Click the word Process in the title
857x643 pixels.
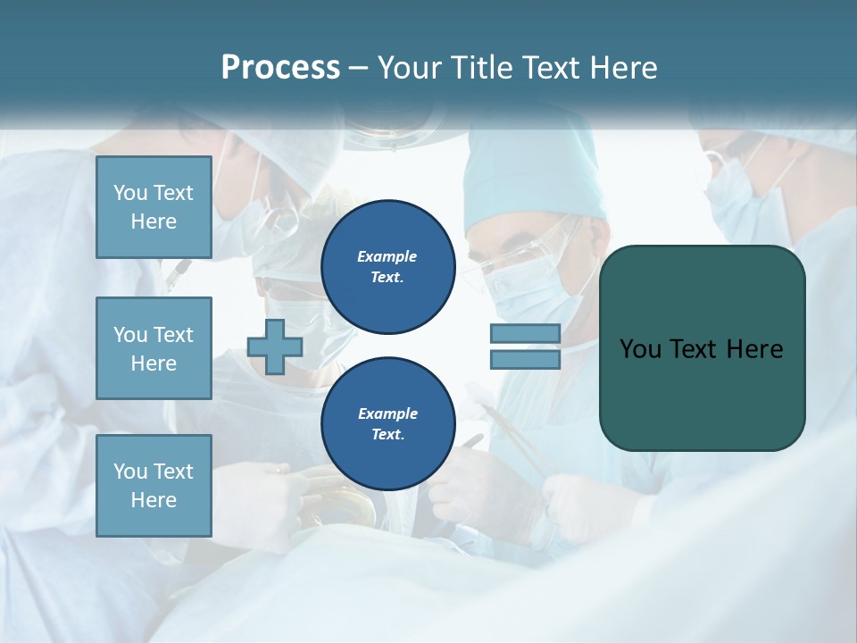(x=280, y=68)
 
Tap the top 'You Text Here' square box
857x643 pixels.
(x=154, y=207)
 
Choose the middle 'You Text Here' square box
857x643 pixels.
(x=154, y=348)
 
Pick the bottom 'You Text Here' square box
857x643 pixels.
(x=154, y=486)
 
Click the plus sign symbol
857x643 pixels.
(x=274, y=347)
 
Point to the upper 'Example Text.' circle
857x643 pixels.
(x=388, y=266)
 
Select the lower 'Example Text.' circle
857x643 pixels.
(x=388, y=423)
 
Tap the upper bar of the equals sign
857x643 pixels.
(x=526, y=333)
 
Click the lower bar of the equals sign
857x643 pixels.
(x=526, y=359)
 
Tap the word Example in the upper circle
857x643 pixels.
(x=387, y=256)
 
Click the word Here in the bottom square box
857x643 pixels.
(x=154, y=500)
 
